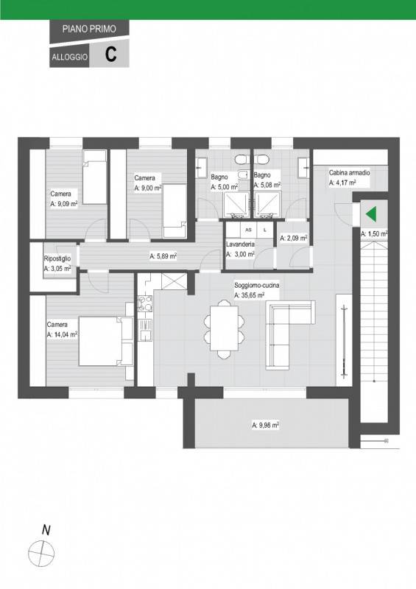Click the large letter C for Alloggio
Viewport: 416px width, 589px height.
pos(110,54)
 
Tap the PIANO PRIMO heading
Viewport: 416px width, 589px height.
pos(89,29)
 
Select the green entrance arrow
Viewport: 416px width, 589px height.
pos(371,214)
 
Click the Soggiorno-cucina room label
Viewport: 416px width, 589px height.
pos(257,286)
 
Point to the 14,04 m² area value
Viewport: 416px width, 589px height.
pos(62,334)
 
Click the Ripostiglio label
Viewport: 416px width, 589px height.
pos(57,259)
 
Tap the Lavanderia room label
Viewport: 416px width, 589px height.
pos(240,244)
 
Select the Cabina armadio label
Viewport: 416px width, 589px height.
pos(350,173)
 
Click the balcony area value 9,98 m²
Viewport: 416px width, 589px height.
pos(265,426)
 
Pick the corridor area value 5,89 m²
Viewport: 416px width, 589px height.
pos(163,256)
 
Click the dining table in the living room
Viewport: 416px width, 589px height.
pos(224,328)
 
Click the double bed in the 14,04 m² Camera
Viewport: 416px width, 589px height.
pos(105,341)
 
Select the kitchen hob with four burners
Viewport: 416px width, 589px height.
pos(145,304)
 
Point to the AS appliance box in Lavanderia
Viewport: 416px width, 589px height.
pos(248,230)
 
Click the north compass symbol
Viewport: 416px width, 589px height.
pos(41,554)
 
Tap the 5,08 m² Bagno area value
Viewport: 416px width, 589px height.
pos(267,186)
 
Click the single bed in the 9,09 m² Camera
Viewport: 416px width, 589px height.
pos(94,177)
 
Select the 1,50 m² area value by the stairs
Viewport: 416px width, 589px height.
pos(374,234)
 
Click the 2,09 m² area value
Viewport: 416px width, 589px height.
pos(294,238)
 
